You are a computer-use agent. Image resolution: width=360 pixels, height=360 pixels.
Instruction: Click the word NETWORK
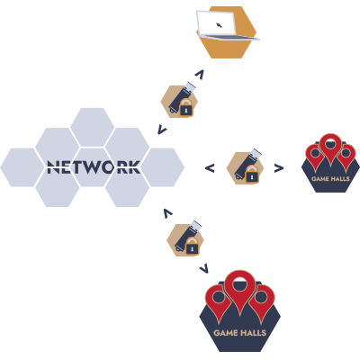click(94, 167)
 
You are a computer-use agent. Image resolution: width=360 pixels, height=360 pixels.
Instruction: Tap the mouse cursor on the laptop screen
click(219, 25)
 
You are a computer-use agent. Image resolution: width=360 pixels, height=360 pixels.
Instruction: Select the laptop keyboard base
click(229, 37)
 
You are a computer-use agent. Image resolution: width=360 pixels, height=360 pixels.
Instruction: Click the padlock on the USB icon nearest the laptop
click(186, 107)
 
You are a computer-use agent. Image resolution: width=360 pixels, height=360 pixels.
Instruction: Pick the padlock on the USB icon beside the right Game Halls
click(252, 174)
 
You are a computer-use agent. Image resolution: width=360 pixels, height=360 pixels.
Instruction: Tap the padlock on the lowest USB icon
click(193, 246)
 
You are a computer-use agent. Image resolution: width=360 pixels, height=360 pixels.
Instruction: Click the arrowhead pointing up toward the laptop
click(200, 75)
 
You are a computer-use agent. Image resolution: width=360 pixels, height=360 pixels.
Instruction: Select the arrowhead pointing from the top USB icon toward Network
click(162, 130)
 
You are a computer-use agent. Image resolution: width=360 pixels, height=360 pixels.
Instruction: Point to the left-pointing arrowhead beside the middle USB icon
click(210, 168)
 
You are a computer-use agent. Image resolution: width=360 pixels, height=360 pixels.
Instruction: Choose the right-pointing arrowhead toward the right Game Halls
click(279, 168)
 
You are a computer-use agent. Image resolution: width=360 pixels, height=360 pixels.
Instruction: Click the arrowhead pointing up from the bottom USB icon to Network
click(168, 213)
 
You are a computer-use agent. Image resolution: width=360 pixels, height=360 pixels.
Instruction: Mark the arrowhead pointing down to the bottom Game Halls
click(204, 269)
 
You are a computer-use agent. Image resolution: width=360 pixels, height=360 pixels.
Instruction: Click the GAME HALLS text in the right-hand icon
click(330, 179)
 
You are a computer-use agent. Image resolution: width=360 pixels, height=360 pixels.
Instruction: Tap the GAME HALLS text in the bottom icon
click(239, 333)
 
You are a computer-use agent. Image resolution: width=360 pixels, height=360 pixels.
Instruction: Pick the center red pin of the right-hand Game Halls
click(330, 148)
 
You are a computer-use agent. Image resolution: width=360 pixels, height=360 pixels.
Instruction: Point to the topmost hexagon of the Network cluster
click(92, 127)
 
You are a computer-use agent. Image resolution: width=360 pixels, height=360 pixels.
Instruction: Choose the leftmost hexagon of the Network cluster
click(22, 167)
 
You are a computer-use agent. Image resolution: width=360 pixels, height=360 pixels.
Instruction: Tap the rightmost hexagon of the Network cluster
click(162, 167)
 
